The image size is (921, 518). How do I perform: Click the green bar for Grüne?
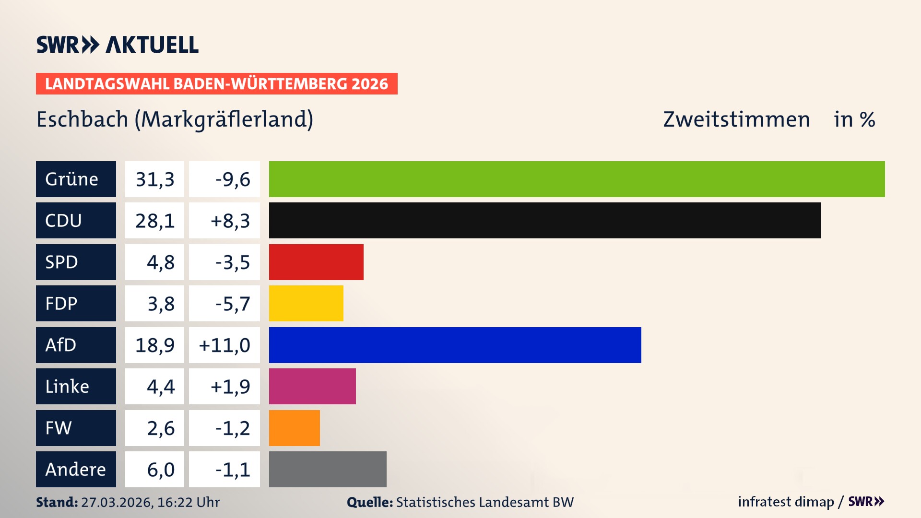pos(577,179)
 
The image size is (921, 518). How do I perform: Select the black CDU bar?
pos(545,221)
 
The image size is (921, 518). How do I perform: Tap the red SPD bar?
pos(316,262)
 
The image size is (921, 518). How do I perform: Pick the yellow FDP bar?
pos(306,303)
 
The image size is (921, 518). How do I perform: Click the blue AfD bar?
pos(455,345)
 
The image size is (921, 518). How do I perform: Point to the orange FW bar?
pos(294,428)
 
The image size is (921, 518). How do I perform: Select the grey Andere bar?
pos(328,469)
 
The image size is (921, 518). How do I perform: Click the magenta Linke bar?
pos(312,386)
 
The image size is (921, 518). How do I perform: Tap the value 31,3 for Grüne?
pos(154,179)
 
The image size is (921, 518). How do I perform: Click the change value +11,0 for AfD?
pos(224,345)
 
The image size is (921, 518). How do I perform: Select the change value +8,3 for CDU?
pos(230,221)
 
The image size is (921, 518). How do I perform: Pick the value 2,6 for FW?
pos(161,428)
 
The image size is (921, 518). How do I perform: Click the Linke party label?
pos(67,386)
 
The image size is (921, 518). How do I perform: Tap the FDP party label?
pos(61,303)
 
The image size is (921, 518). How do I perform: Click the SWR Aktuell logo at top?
pos(117,45)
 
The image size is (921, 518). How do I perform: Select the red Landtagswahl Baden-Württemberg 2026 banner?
pos(216,84)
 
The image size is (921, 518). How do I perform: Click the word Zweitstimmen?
pos(736,119)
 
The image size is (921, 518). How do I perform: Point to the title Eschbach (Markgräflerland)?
pos(175,119)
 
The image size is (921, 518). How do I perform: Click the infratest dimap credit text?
pos(786,502)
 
